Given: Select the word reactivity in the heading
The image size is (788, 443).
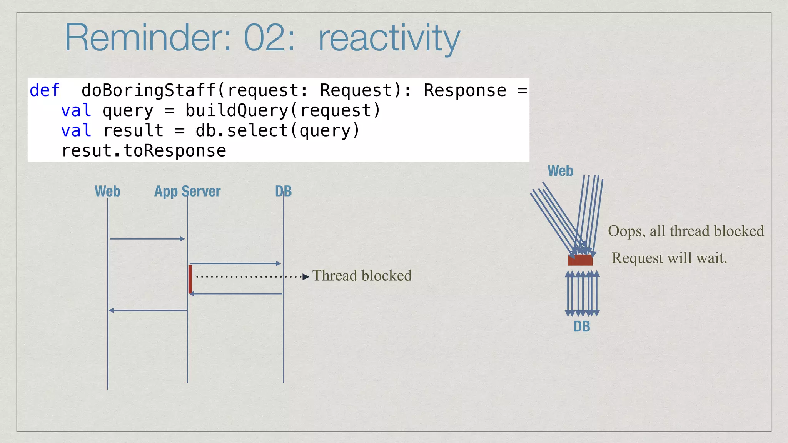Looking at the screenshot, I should click(x=389, y=38).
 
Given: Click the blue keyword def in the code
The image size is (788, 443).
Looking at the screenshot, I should click(x=45, y=90).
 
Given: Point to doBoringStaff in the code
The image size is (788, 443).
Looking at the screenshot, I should click(x=149, y=90).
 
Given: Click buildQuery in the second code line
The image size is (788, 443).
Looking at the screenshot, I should click(x=237, y=111).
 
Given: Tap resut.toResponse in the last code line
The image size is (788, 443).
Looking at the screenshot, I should click(x=144, y=151).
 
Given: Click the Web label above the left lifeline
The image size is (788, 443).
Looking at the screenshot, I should click(x=107, y=191).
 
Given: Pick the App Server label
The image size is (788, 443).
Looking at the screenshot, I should click(x=187, y=191).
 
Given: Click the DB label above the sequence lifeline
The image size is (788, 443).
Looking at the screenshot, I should click(x=284, y=191).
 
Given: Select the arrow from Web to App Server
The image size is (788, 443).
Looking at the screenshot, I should click(x=147, y=239).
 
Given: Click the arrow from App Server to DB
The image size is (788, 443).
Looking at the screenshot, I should click(x=235, y=263).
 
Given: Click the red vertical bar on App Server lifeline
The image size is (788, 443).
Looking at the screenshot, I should click(x=190, y=279).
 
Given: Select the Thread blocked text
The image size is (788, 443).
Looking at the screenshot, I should click(x=362, y=276).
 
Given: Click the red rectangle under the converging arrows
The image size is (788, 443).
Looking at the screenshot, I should click(x=580, y=260).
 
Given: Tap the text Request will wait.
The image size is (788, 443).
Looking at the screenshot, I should click(x=669, y=258).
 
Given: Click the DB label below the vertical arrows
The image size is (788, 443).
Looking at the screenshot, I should click(x=581, y=326).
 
